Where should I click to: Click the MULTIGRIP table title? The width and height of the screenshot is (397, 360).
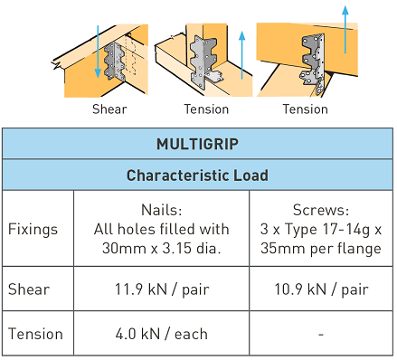197,144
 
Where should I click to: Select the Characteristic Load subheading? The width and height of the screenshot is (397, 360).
197,175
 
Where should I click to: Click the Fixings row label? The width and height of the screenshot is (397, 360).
34,229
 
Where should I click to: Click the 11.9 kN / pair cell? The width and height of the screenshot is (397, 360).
162,290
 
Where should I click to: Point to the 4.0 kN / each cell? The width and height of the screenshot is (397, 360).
162,334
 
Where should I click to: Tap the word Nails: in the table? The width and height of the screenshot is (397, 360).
162,210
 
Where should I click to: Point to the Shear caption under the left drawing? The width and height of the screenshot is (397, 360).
109,109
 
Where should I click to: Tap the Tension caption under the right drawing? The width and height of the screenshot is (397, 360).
305,109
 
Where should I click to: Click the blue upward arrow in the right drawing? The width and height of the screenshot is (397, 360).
345,32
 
